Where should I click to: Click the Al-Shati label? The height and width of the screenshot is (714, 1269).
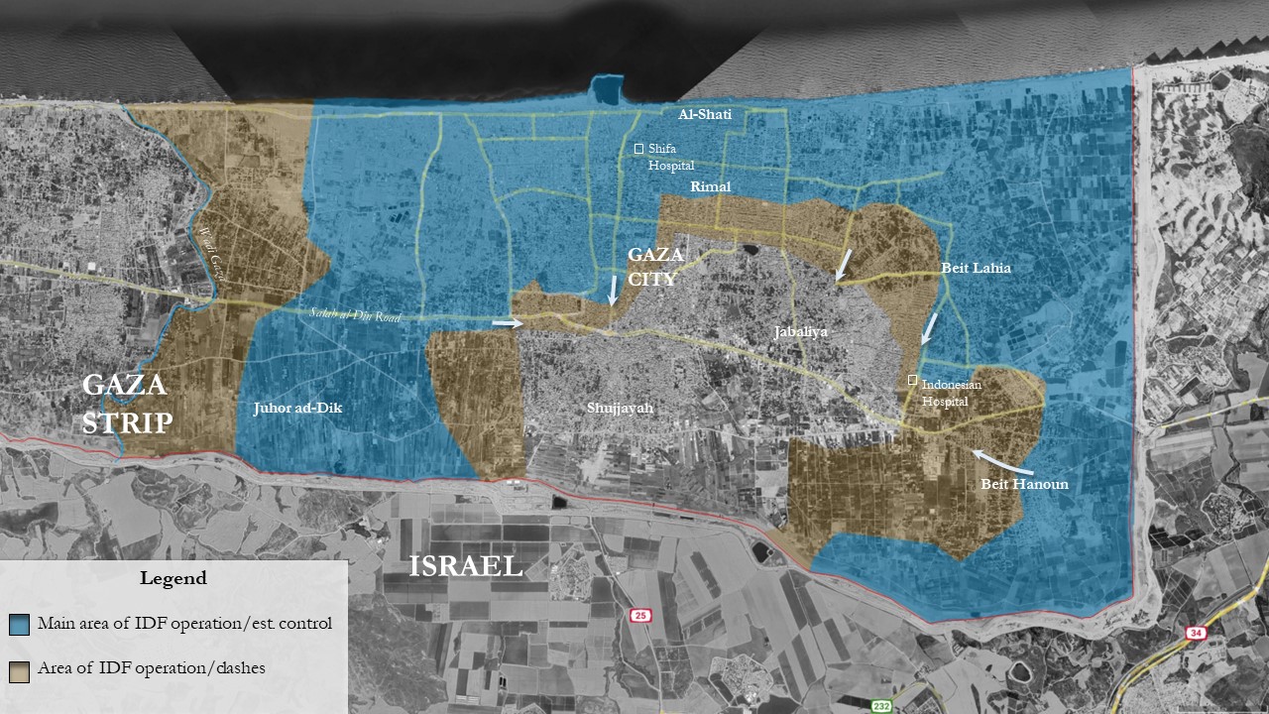pyautogui.click(x=704, y=115)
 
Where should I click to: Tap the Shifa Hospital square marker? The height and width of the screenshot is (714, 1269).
pyautogui.click(x=639, y=149)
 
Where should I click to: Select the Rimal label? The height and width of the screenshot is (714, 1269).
pyautogui.click(x=710, y=187)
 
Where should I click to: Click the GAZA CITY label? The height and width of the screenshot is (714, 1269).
pyautogui.click(x=656, y=267)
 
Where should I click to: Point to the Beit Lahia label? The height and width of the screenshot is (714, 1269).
pyautogui.click(x=976, y=268)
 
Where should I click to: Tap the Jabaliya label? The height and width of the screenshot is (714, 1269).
pyautogui.click(x=801, y=333)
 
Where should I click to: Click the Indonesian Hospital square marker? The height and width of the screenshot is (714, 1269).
pyautogui.click(x=912, y=380)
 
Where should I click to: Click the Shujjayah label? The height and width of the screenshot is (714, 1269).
pyautogui.click(x=622, y=407)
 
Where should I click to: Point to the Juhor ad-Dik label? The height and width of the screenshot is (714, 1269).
pyautogui.click(x=297, y=408)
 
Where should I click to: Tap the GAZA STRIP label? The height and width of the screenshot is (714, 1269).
pyautogui.click(x=127, y=404)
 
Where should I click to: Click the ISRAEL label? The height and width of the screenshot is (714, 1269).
pyautogui.click(x=466, y=566)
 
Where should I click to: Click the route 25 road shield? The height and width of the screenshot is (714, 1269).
pyautogui.click(x=640, y=616)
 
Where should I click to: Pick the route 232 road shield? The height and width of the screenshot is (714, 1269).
pyautogui.click(x=881, y=705)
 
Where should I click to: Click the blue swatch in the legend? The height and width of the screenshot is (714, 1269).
pyautogui.click(x=19, y=624)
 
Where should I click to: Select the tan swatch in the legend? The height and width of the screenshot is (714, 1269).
pyautogui.click(x=19, y=669)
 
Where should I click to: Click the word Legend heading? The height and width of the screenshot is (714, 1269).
pyautogui.click(x=173, y=578)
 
